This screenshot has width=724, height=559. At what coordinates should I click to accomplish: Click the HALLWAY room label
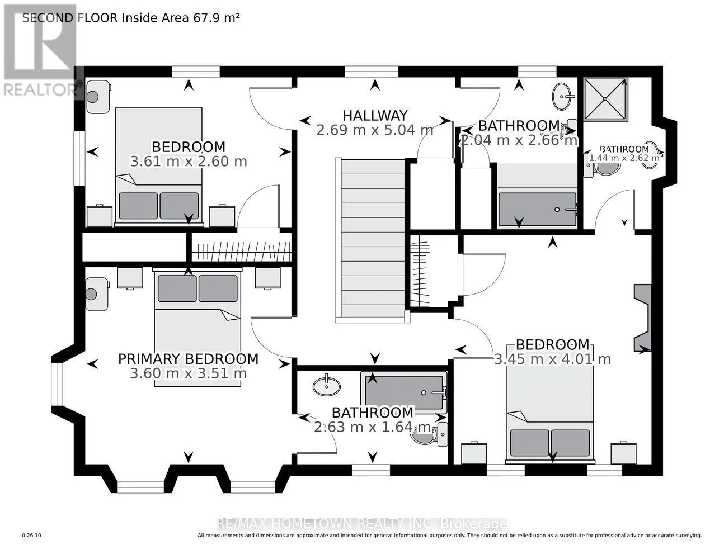click(375, 116)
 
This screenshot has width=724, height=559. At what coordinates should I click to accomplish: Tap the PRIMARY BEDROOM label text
click(188, 359)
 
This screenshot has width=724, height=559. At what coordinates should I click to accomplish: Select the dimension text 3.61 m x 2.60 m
click(188, 162)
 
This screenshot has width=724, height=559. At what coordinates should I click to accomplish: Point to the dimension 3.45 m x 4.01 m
click(552, 359)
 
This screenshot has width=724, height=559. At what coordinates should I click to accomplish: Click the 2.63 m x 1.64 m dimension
click(373, 427)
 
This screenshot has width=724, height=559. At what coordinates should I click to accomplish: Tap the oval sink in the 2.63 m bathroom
click(327, 386)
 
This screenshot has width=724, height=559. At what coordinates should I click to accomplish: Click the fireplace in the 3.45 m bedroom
click(642, 318)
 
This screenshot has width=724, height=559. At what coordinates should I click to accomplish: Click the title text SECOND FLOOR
click(70, 18)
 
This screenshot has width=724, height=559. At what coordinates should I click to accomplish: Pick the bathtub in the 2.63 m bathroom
click(404, 392)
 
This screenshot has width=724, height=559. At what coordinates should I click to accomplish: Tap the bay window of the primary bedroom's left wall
click(57, 384)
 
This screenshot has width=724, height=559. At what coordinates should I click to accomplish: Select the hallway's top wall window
click(372, 72)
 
